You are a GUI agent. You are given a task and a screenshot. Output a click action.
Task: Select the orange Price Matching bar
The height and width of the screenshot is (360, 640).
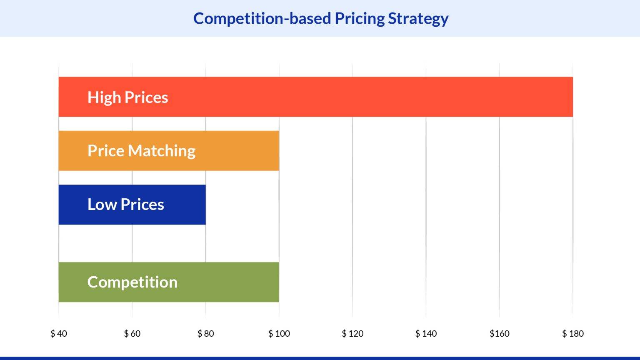coord(233,150)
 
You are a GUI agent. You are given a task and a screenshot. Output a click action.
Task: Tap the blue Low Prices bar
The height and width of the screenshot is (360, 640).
coord(183,204)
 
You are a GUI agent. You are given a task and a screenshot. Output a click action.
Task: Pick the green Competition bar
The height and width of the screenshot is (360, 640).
coord(225,282)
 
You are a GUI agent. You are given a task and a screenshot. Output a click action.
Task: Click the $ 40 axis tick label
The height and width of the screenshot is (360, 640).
coord(59,333)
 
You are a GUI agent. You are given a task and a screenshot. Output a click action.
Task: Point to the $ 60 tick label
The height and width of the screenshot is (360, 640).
coord(132,333)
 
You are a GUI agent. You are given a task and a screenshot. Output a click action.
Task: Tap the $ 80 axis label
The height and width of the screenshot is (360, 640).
coord(205,333)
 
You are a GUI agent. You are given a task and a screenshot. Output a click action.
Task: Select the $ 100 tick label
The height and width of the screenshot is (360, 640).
coord(279,333)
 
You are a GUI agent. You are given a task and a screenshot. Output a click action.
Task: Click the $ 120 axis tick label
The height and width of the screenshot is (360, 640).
coord(352,333)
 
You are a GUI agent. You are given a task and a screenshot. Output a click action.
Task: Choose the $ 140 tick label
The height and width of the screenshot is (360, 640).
coord(426,333)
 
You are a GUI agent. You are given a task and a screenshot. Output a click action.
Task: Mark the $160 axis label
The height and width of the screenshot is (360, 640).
coord(499,333)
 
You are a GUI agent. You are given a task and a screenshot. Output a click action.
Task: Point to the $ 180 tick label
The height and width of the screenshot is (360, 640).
coord(573,333)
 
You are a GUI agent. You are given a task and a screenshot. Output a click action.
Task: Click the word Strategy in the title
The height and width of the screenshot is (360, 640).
coord(418,19)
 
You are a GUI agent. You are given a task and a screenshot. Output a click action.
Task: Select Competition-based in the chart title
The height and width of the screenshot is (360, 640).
coord(262,19)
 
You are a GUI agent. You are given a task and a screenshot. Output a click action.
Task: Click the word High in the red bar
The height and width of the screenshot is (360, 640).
coord(104,97)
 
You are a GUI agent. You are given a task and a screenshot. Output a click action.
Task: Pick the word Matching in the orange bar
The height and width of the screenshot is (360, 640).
coord(162,151)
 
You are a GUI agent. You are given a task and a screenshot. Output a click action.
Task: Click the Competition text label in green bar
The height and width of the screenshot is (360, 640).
coord(132,282)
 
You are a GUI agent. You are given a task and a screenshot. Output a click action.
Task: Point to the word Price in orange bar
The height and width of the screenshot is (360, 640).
coord(106,150)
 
